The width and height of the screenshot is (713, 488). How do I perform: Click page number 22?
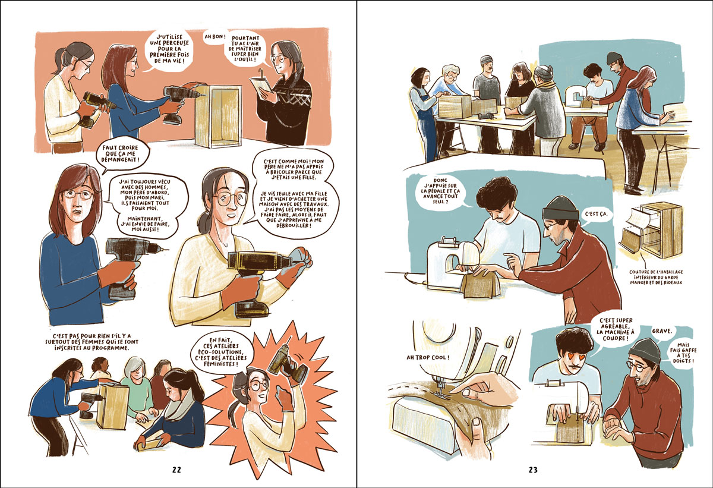[176, 470]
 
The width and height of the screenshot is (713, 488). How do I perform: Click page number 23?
[533, 470]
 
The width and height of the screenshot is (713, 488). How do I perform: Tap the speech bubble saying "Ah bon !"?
[215, 37]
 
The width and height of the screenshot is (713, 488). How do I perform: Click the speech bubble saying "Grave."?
[662, 332]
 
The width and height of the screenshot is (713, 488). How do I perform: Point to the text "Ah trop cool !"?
[428, 357]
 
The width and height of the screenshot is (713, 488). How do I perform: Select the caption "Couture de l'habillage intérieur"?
[656, 277]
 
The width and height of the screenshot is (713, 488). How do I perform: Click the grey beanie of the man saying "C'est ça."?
[560, 208]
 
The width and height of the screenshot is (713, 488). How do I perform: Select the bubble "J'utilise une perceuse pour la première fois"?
[169, 49]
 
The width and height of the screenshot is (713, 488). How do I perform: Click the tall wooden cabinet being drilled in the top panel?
[219, 116]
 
